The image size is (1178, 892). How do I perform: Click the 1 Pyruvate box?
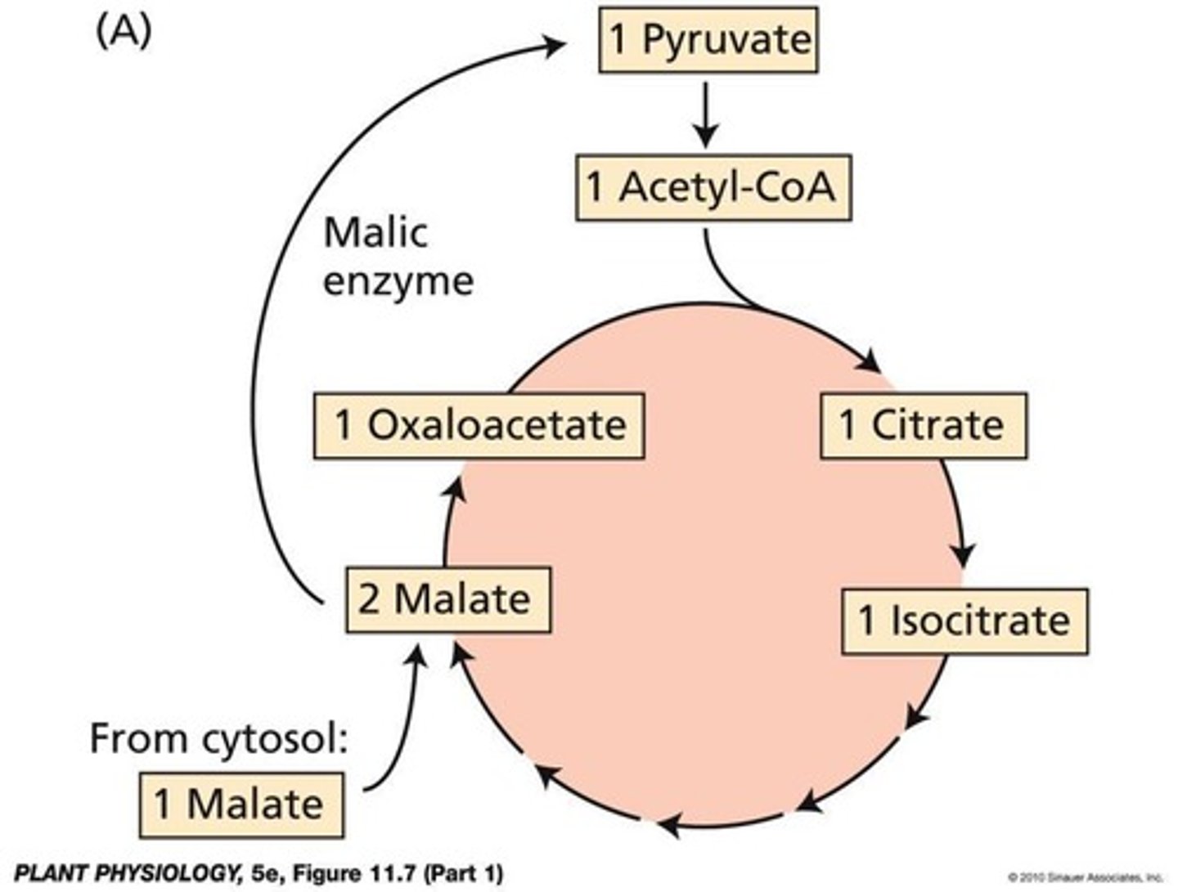pyautogui.click(x=708, y=40)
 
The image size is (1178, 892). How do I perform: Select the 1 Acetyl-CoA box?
pyautogui.click(x=713, y=187)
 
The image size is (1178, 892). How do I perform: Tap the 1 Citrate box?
pyautogui.click(x=924, y=425)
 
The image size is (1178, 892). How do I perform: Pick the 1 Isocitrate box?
pyautogui.click(x=964, y=621)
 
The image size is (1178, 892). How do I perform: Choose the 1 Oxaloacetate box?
pyautogui.click(x=479, y=425)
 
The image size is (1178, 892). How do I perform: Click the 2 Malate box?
pyautogui.click(x=447, y=599)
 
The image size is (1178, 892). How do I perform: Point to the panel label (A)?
pyautogui.click(x=124, y=32)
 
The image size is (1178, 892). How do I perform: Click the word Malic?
pyautogui.click(x=375, y=233)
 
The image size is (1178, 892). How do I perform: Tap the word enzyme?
pyautogui.click(x=398, y=281)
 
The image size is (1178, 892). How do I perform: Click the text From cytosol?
pyautogui.click(x=219, y=738)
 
